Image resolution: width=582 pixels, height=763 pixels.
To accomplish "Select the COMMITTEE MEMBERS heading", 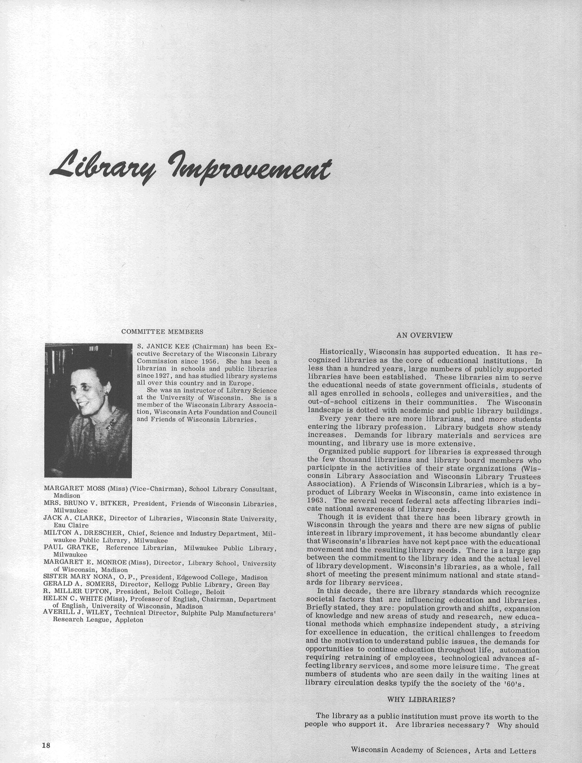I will coord(162,332).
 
